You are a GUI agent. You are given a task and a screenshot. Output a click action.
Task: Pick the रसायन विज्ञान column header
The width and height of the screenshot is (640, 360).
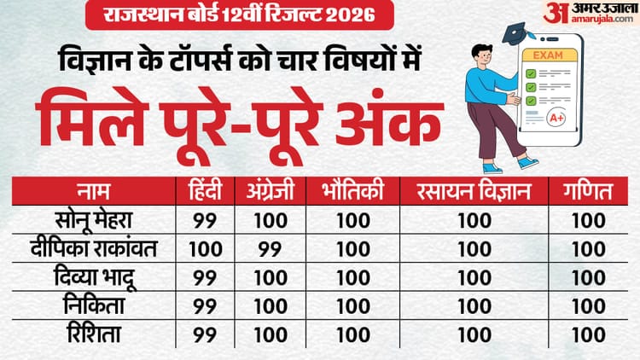coord(468,193)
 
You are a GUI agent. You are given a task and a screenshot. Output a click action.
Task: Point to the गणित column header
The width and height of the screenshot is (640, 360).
coord(588,193)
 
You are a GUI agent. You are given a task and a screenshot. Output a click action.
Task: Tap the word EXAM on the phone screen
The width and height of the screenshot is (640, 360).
coord(553,54)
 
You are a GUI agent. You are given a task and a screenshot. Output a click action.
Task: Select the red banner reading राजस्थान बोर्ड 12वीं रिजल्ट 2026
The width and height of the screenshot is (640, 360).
coord(228,15)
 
